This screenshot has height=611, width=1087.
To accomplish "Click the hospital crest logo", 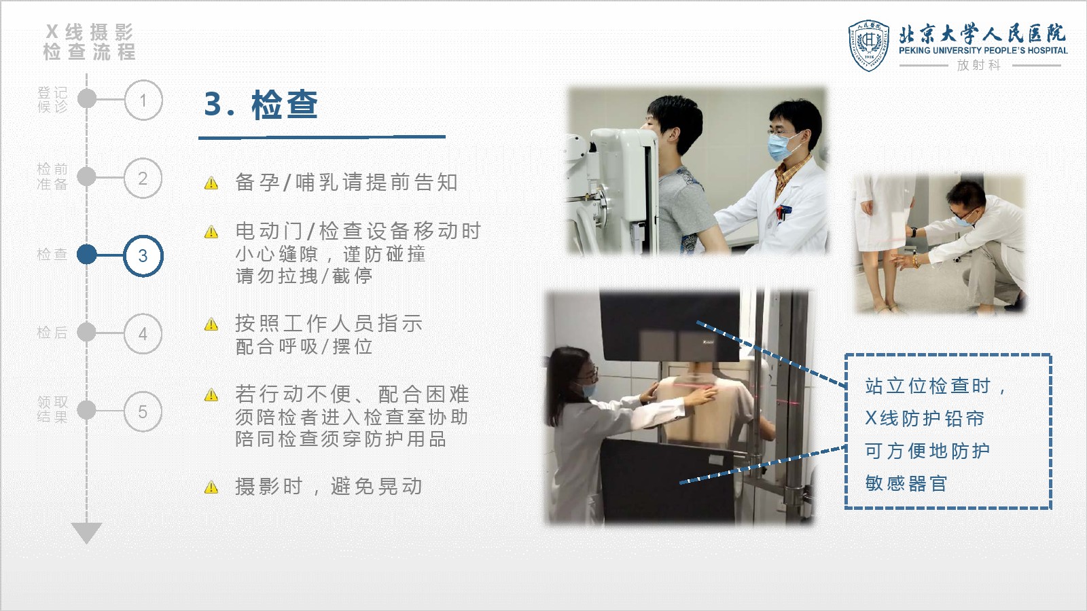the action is [x=869, y=45].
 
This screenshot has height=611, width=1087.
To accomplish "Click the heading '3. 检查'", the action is [x=261, y=105].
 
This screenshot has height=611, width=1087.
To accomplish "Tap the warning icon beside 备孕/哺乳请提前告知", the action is [x=211, y=183].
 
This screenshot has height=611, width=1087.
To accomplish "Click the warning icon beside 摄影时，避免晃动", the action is [x=211, y=487].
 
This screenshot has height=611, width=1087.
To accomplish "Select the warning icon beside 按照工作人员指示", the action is [x=211, y=324].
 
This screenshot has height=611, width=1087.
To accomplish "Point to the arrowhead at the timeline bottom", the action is [x=86, y=533].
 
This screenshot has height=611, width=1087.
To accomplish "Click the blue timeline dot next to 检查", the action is [x=87, y=255].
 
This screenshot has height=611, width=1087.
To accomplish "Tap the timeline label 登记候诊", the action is [x=52, y=99].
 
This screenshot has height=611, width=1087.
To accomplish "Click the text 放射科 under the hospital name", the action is [x=979, y=65].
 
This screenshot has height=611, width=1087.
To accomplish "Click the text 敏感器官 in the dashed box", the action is [x=906, y=483].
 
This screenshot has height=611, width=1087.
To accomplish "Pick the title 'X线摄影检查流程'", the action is [x=89, y=42].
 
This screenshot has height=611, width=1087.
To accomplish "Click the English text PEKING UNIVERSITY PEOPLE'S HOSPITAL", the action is [x=983, y=50].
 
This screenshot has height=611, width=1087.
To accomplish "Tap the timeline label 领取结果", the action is [x=52, y=410].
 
